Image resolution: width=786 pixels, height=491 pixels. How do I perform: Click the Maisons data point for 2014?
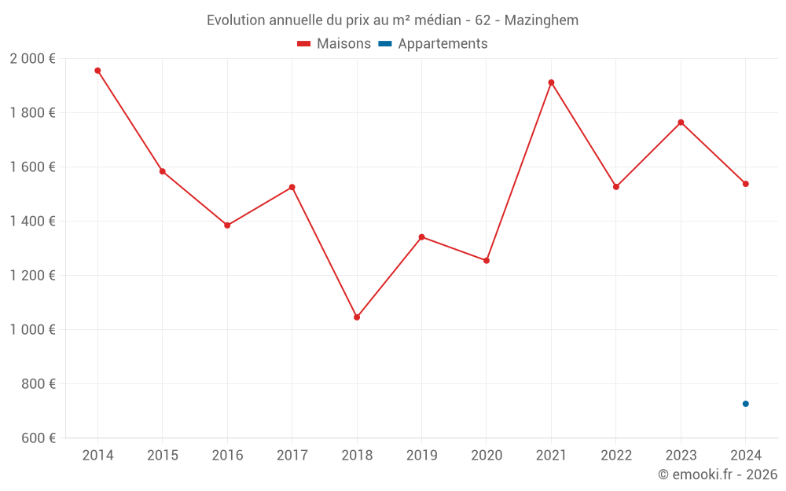click(97, 71)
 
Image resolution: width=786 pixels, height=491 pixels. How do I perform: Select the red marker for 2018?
click(357, 317)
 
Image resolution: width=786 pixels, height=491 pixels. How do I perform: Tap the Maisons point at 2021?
click(551, 82)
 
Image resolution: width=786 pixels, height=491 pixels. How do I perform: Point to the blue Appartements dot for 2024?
click(746, 404)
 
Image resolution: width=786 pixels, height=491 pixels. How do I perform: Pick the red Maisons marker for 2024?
click(746, 184)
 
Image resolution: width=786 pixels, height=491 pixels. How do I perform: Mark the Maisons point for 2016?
click(227, 225)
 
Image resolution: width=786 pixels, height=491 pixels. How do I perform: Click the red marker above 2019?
click(421, 237)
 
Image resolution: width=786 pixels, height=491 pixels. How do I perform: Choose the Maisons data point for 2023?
click(681, 123)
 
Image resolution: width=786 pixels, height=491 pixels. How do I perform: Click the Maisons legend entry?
click(334, 44)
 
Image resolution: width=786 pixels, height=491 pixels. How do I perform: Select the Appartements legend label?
click(442, 44)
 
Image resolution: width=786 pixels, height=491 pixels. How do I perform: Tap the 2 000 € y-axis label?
click(32, 59)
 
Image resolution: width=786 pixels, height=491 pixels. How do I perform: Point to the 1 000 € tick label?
click(32, 330)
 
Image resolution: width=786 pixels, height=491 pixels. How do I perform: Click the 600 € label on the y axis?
click(39, 438)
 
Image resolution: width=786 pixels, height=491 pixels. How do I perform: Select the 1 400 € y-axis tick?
click(32, 222)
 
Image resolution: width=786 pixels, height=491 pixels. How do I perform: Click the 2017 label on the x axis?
click(292, 456)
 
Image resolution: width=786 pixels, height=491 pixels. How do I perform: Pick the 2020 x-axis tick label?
click(487, 456)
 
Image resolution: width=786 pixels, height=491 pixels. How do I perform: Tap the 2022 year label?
click(616, 456)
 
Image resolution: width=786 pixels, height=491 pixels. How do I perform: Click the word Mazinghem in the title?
click(542, 20)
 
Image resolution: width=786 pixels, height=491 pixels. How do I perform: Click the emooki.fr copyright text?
click(718, 475)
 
